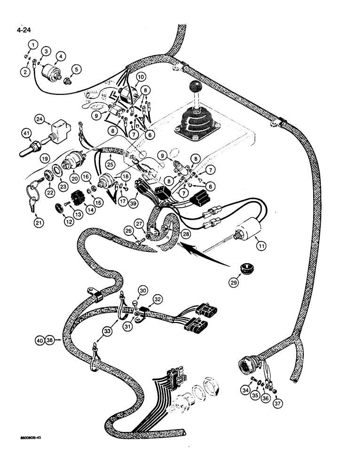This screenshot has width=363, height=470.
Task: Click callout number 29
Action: (x=234, y=282)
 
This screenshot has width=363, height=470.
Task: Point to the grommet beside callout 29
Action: (x=244, y=269)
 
